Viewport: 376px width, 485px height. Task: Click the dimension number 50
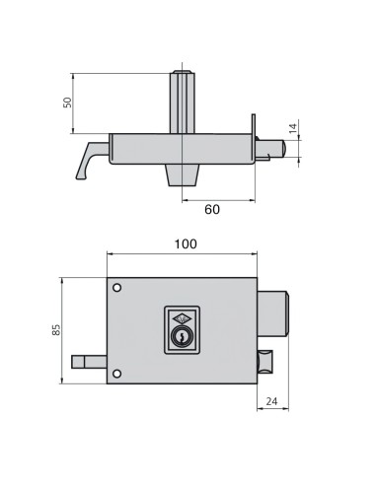pyautogui.click(x=68, y=103)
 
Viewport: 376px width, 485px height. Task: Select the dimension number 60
pyautogui.click(x=211, y=209)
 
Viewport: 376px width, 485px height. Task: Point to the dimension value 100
pyautogui.click(x=183, y=243)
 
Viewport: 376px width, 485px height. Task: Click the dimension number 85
pyautogui.click(x=56, y=329)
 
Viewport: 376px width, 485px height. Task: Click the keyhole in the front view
pyautogui.click(x=181, y=337)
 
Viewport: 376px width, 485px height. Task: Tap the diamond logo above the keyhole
pyautogui.click(x=181, y=318)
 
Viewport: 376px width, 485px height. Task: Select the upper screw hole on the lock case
pyautogui.click(x=117, y=289)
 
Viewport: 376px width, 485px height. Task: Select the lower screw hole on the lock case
pyautogui.click(x=117, y=373)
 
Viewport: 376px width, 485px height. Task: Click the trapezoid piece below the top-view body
pyautogui.click(x=183, y=174)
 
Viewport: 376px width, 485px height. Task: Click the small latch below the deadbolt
pyautogui.click(x=265, y=362)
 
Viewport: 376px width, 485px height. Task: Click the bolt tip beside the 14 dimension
pyautogui.click(x=279, y=149)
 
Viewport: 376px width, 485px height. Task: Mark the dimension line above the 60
pyautogui.click(x=219, y=198)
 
